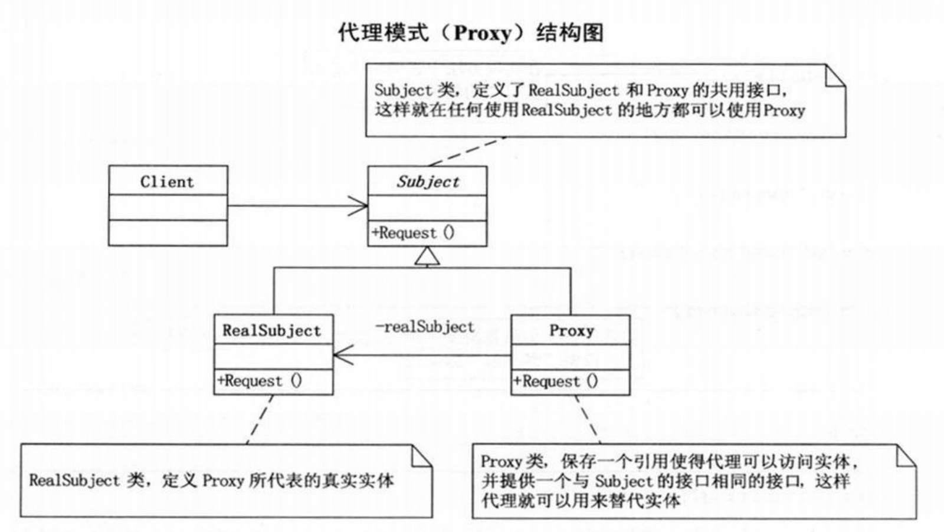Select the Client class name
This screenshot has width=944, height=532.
pyautogui.click(x=168, y=182)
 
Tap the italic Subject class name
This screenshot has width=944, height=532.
pyautogui.click(x=428, y=182)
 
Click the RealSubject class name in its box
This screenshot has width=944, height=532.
pyautogui.click(x=272, y=331)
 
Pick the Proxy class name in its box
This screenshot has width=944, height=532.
pyautogui.click(x=572, y=331)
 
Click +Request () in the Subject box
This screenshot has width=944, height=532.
pyautogui.click(x=413, y=233)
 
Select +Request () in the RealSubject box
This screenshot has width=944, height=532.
pyautogui.click(x=260, y=381)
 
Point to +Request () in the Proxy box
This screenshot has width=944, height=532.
pyautogui.click(x=556, y=381)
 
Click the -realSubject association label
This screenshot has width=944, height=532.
pyautogui.click(x=425, y=327)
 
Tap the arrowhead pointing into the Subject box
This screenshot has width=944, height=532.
pyautogui.click(x=358, y=206)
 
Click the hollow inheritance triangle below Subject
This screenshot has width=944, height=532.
pyautogui.click(x=427, y=256)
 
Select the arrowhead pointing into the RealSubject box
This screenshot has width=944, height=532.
pyautogui.click(x=343, y=355)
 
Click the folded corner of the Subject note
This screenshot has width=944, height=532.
pyautogui.click(x=835, y=76)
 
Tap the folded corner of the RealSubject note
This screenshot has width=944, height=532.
pyautogui.click(x=422, y=456)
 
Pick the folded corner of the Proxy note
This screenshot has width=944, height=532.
pyautogui.click(x=906, y=456)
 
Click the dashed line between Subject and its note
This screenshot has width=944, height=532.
pyautogui.click(x=467, y=151)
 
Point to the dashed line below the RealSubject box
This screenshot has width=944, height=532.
pyautogui.click(x=260, y=419)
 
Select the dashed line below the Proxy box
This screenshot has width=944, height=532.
pyautogui.click(x=588, y=419)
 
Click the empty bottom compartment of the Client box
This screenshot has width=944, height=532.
pyautogui.click(x=168, y=233)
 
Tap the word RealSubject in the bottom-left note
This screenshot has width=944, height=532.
pyautogui.click(x=74, y=481)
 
